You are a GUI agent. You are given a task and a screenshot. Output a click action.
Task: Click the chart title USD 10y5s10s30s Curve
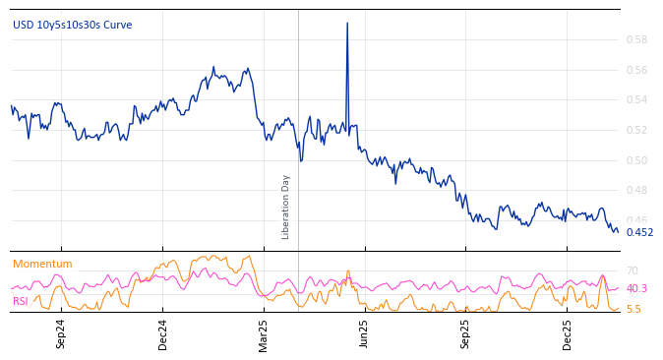pos(72,26)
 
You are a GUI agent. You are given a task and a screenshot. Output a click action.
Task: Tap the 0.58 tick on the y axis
pos(636,40)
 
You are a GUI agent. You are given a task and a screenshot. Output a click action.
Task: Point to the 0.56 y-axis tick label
pos(636,70)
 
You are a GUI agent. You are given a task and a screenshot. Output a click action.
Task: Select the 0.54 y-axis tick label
pos(636,100)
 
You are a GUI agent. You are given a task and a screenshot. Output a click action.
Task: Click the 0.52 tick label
pos(636,131)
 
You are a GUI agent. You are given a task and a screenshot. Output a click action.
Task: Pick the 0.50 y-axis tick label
pos(636,160)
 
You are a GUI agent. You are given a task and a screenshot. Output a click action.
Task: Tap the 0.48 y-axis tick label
pos(636,191)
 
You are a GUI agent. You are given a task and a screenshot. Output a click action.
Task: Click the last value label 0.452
pos(639,233)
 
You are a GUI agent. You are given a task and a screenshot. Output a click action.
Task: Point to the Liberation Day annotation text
pos(286,207)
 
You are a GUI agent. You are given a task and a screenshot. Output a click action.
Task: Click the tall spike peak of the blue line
pos(347,23)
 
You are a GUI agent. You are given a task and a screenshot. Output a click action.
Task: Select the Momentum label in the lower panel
pos(42,265)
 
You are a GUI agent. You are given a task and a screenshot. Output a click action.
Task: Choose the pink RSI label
pos(21,302)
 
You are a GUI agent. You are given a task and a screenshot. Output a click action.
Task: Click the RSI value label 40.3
pos(636,289)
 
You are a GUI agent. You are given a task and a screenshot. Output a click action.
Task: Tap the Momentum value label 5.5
pos(633,309)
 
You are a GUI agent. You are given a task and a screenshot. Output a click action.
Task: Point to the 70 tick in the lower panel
pos(633,270)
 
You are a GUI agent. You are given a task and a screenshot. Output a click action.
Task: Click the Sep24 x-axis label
pos(61,333)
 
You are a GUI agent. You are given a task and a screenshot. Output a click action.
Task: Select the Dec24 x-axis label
pos(163,333)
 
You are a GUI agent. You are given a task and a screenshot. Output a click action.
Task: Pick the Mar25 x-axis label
pos(264,333)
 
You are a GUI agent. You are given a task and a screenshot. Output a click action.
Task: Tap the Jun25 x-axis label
pos(365,333)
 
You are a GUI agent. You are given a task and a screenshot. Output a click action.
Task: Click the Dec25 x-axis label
pos(568,333)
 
